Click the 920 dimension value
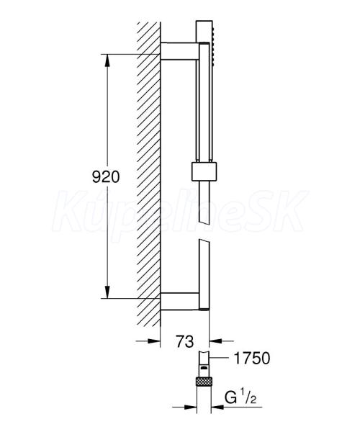point(106,176)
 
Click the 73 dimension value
point(185,341)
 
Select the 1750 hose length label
point(252,358)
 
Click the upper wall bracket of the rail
point(179,51)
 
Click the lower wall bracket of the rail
point(179,302)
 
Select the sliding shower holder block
point(204,172)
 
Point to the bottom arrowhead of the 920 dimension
point(107,292)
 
